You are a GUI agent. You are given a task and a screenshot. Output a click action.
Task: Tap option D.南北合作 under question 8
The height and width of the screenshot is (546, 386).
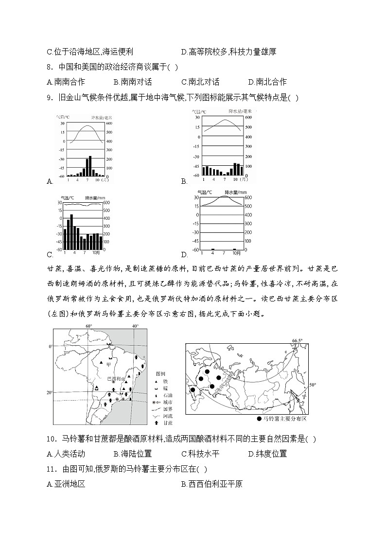coord(267,82)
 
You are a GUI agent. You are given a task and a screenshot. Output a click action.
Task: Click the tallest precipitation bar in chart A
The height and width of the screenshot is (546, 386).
coord(90,166)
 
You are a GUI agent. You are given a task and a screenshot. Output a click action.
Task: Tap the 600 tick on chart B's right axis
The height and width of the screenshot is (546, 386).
coord(248,118)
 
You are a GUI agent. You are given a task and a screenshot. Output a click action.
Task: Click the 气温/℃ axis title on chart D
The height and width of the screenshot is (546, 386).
coord(206,192)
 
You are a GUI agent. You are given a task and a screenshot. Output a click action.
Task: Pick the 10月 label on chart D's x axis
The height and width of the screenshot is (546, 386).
coord(237,253)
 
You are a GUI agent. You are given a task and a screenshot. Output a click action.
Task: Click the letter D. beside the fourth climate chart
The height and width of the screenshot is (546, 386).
coord(184,254)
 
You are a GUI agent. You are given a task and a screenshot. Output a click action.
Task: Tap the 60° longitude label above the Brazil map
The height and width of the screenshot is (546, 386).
coord(89,326)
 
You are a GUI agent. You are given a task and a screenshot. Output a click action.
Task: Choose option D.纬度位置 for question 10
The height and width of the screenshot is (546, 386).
coord(267,454)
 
